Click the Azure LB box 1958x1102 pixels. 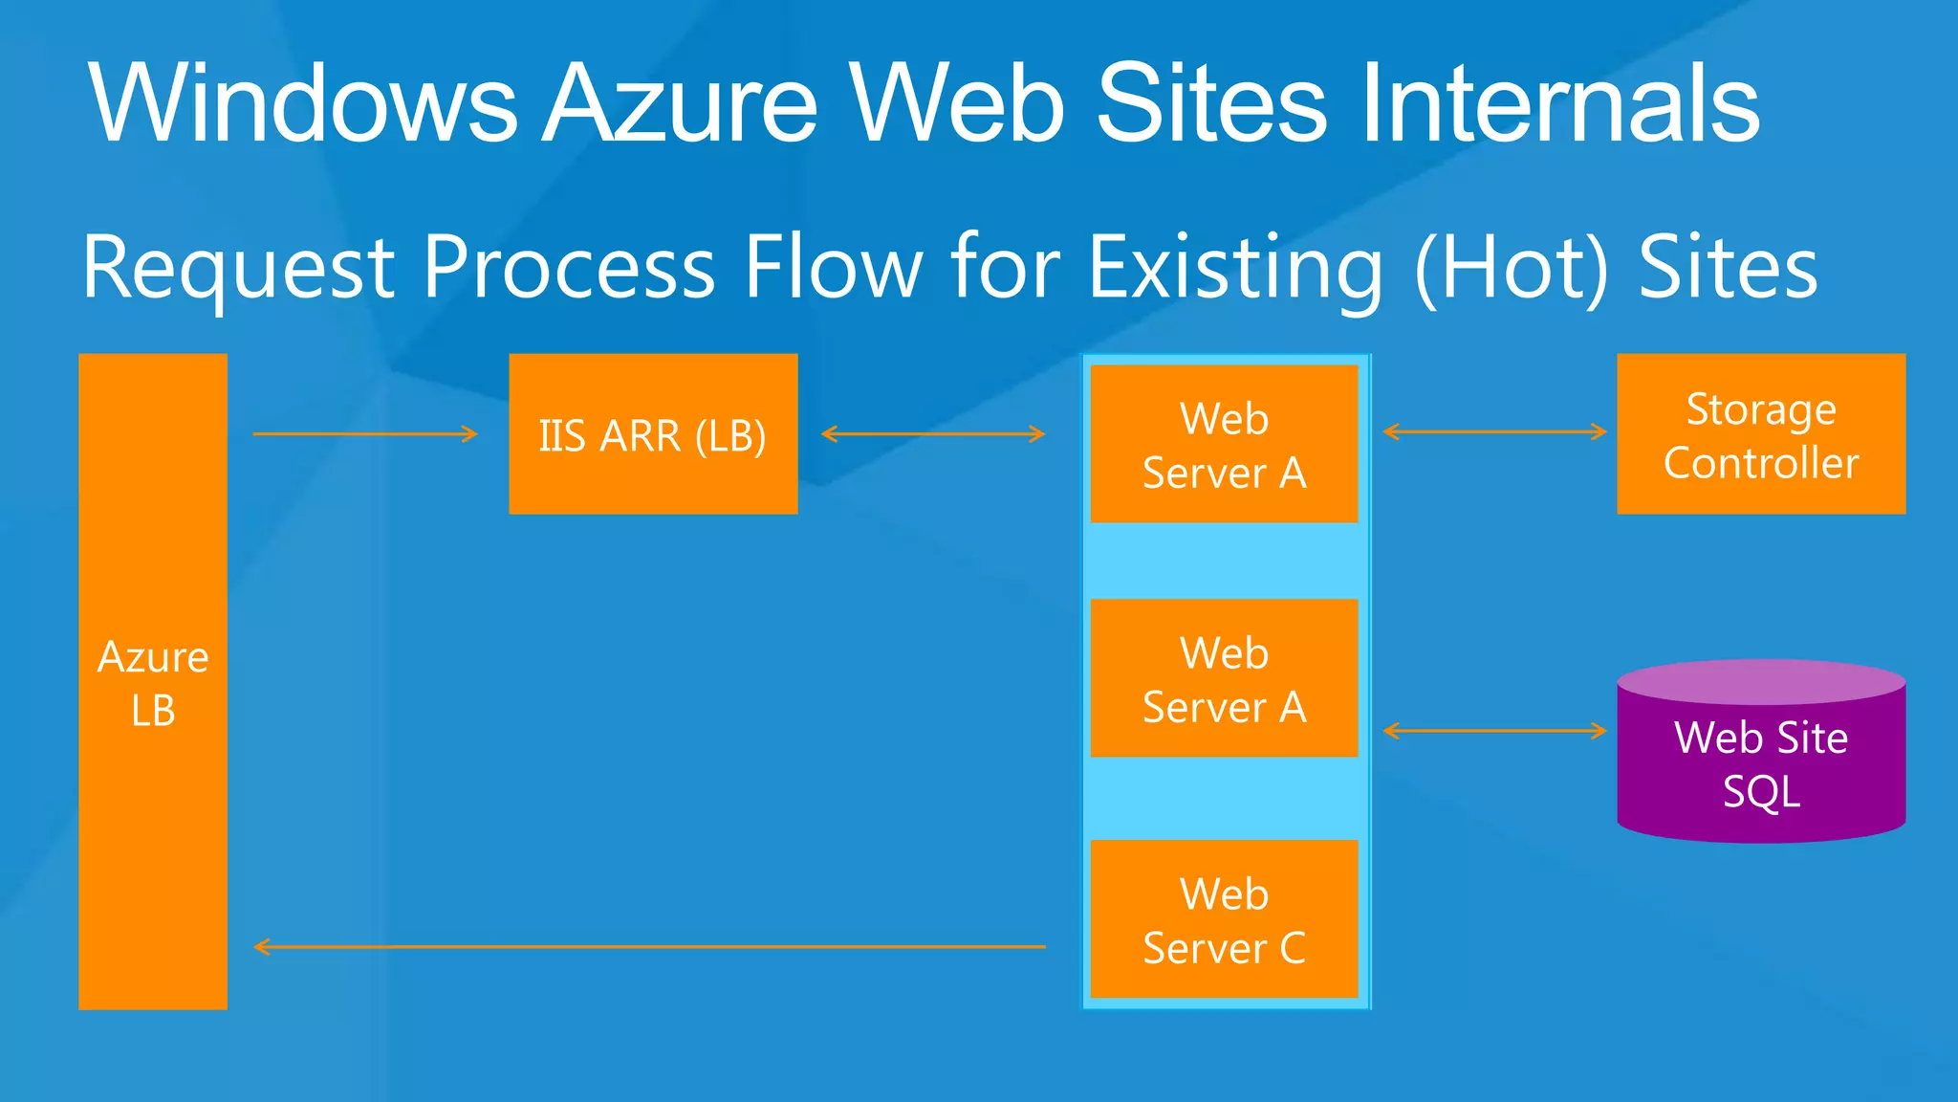pos(153,681)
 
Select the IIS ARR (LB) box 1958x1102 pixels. pos(653,434)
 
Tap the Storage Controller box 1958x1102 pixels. pos(1761,434)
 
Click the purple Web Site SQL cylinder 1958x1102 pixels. pos(1761,756)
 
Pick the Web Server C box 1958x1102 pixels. pos(1224,919)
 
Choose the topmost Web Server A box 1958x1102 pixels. pos(1224,444)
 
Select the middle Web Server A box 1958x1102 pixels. pos(1224,678)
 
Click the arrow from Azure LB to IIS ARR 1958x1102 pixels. pos(364,434)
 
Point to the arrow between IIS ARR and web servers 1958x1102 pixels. pos(933,434)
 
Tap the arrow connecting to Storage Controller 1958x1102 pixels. pos(1494,432)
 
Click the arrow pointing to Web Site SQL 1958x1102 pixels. pos(1494,732)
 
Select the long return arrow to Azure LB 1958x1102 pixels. pos(650,947)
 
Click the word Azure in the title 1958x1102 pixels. pos(682,103)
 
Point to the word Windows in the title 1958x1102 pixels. pos(303,103)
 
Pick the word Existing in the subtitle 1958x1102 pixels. pos(1235,268)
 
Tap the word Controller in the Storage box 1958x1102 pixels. pos(1761,464)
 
